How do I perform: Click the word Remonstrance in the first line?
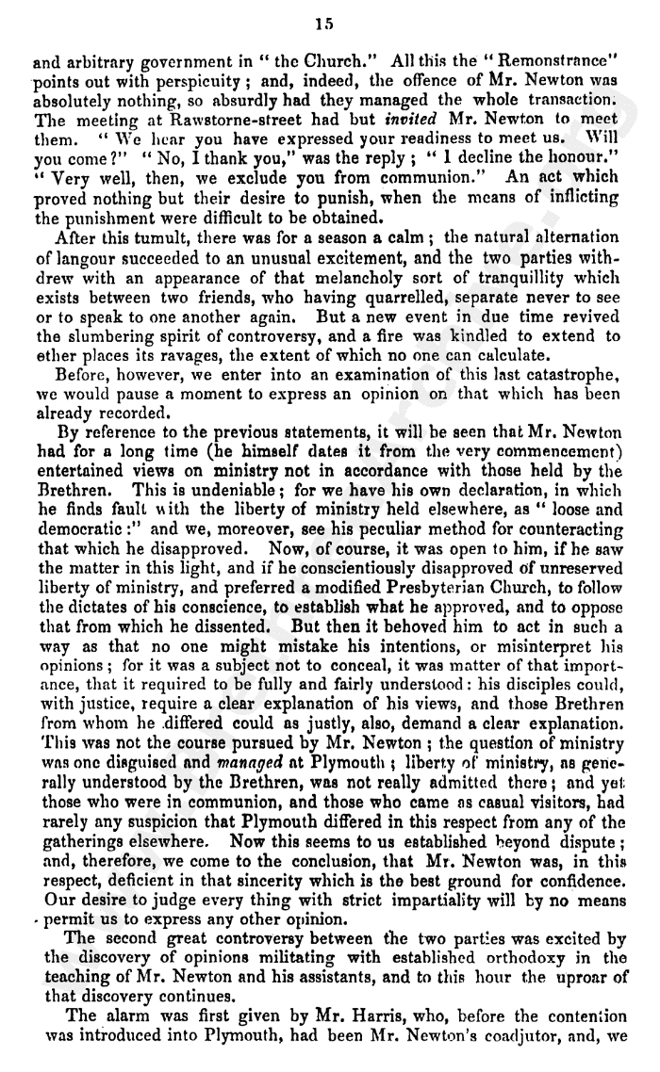click(x=574, y=68)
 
